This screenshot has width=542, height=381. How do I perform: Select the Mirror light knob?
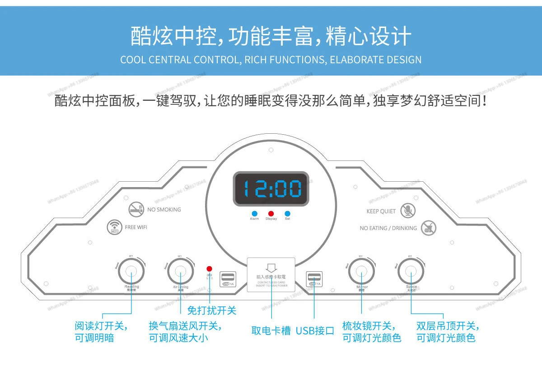(x=361, y=271)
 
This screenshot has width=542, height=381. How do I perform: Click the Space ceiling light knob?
(x=411, y=271)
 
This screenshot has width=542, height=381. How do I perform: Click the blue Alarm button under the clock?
(x=254, y=213)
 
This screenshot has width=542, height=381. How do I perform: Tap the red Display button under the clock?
(x=271, y=213)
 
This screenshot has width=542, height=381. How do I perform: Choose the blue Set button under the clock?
(x=287, y=213)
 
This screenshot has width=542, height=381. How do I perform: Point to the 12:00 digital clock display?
(x=271, y=188)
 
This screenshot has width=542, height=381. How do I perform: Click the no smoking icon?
(x=136, y=208)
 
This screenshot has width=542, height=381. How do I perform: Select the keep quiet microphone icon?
(x=408, y=210)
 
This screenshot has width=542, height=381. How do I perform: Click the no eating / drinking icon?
(x=428, y=228)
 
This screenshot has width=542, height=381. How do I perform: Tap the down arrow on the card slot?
(x=271, y=268)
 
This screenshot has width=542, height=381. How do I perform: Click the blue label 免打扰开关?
(x=212, y=310)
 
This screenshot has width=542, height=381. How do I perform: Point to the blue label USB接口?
(x=315, y=331)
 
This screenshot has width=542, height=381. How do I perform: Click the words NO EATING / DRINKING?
(x=388, y=228)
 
